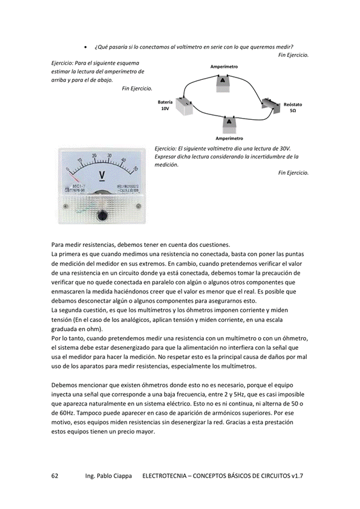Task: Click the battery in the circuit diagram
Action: [x=185, y=106]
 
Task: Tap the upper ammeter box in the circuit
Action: [x=223, y=82]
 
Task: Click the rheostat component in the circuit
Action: [x=271, y=105]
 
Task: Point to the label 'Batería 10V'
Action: [x=165, y=105]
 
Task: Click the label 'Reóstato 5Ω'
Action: [x=293, y=108]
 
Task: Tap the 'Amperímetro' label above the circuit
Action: [x=224, y=67]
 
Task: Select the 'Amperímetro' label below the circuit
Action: [x=229, y=138]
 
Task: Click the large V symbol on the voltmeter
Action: [x=102, y=176]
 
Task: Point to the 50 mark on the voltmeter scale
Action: [x=136, y=168]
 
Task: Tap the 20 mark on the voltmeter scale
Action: [x=94, y=156]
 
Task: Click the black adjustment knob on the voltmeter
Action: [x=102, y=215]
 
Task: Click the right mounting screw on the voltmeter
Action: [x=139, y=206]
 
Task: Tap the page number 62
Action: [x=55, y=476]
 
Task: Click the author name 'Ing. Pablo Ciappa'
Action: [x=108, y=476]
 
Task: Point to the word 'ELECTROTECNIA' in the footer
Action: [x=165, y=476]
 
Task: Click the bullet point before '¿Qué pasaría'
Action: [x=85, y=47]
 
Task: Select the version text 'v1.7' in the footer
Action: [x=297, y=476]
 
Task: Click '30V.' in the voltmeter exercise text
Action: [x=286, y=149]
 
